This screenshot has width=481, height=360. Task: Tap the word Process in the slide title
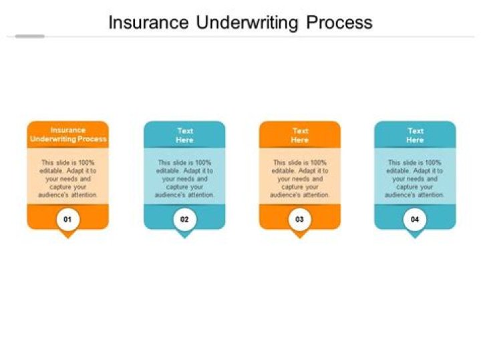pos(339,23)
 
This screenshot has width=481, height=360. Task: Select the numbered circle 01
pos(67,218)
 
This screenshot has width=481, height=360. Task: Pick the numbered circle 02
pos(184,218)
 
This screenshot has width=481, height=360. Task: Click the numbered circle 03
pos(300,218)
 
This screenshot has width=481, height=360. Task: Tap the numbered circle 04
pos(415,218)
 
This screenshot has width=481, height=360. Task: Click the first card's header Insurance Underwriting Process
pos(67,134)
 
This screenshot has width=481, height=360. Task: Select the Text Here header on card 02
pos(184,136)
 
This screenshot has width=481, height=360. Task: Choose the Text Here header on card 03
pos(300,136)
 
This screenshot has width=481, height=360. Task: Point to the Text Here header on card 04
pos(415,136)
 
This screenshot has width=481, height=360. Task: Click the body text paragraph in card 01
pos(67,178)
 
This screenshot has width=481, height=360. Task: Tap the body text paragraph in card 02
pos(184,178)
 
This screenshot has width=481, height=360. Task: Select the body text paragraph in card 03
pos(300,178)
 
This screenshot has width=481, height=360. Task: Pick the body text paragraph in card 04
pos(415,178)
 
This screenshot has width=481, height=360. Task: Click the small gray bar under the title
pos(29,36)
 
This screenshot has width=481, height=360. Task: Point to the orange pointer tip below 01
pos(67,235)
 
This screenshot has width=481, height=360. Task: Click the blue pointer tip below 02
pos(184,235)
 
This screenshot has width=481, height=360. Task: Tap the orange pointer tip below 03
pos(300,235)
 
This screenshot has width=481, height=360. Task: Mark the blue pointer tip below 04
pos(415,235)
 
